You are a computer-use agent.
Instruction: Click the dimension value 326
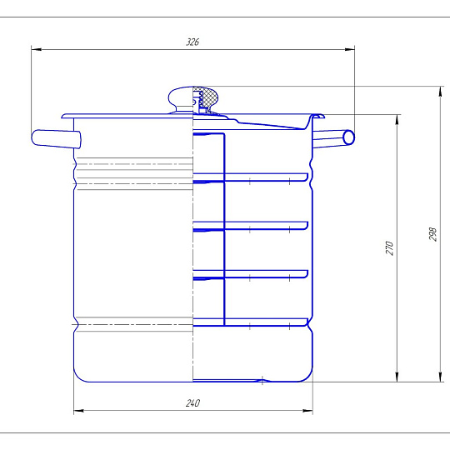click(192, 42)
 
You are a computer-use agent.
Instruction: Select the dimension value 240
click(192, 403)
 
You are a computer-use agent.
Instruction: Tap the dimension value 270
click(389, 248)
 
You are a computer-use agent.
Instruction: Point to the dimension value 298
click(432, 234)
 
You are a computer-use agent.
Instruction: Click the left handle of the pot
click(56, 139)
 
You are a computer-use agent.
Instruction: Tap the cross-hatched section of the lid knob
click(209, 97)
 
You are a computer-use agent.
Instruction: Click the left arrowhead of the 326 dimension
click(36, 49)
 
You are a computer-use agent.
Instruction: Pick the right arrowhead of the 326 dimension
click(349, 49)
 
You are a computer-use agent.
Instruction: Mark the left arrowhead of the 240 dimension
click(78, 411)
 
